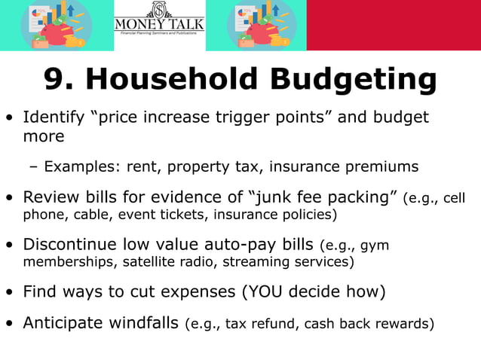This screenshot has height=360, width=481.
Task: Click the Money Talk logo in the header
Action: tap(159, 26)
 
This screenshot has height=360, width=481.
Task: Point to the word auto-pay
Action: tap(241, 245)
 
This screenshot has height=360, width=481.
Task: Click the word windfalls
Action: tap(146, 323)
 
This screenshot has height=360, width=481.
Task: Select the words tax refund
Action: tap(254, 324)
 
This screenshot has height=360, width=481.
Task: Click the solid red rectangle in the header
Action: tap(394, 26)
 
